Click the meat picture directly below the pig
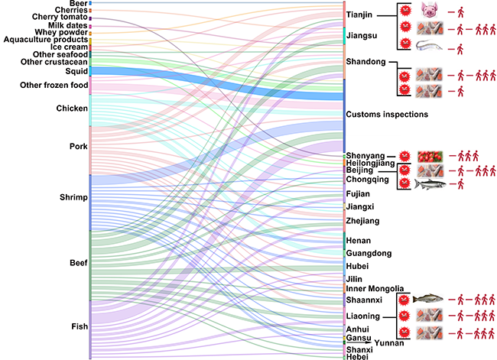click(428, 29)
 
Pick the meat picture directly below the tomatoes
click(428, 170)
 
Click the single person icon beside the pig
click(461, 12)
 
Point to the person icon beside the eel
click(461, 49)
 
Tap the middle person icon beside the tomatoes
click(468, 155)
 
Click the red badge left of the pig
click(405, 12)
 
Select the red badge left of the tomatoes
click(405, 155)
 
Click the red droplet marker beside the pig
click(450, 12)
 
